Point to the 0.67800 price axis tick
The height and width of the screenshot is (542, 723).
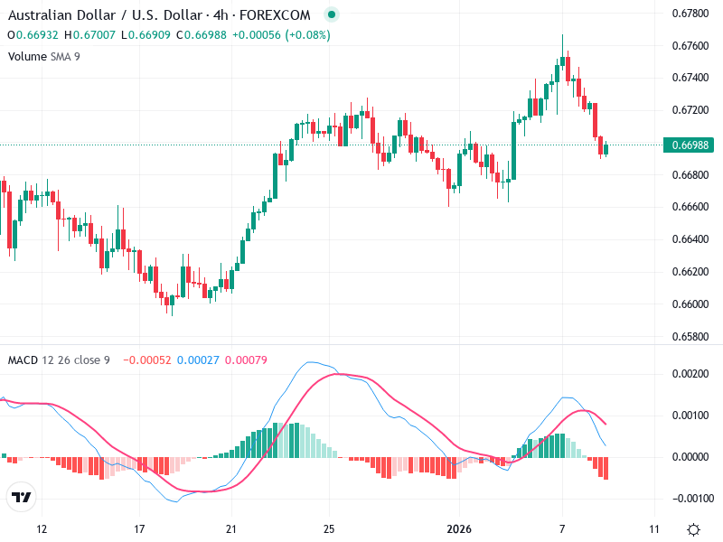coord(690,13)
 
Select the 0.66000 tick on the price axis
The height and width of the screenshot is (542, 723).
coord(690,304)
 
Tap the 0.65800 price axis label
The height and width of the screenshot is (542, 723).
coord(690,336)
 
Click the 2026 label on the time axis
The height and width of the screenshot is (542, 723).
coord(459,528)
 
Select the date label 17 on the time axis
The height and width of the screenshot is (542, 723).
coord(138,528)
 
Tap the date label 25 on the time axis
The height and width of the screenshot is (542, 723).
coord(330,528)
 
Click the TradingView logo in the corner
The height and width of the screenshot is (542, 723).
coord(21,497)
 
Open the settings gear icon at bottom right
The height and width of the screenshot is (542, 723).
coord(693,529)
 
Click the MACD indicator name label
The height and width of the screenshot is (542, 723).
coord(23,360)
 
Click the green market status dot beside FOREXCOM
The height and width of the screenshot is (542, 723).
coord(332,15)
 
